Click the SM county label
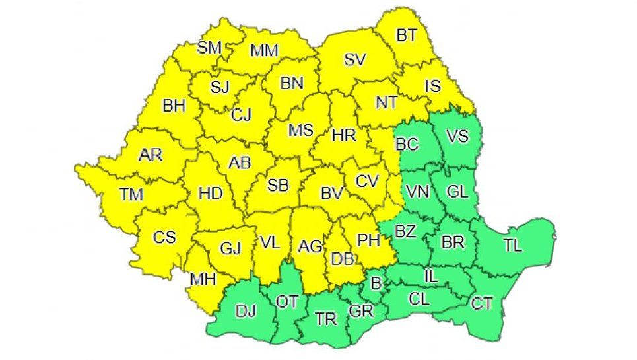(210, 47)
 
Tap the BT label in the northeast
(407, 35)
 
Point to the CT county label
(482, 303)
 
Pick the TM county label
(131, 194)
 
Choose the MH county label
(203, 279)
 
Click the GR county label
(361, 310)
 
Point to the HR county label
(344, 136)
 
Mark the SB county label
(278, 186)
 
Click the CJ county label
(241, 115)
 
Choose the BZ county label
(405, 231)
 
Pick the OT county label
(287, 302)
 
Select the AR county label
(151, 155)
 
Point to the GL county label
(457, 192)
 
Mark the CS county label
(164, 236)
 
